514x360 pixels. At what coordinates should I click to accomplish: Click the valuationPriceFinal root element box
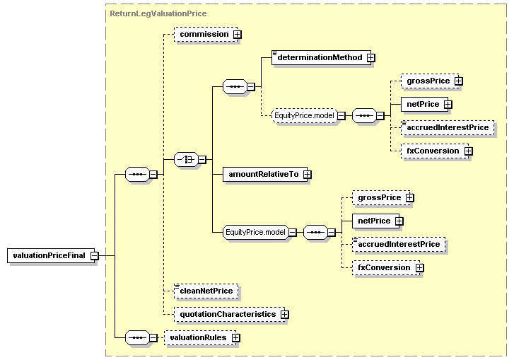coord(51,255)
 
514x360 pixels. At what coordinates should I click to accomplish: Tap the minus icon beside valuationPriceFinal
coord(93,255)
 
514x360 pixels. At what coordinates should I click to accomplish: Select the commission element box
coord(204,34)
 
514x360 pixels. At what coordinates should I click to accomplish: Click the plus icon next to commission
coord(238,34)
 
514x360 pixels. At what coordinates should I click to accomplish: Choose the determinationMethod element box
coord(320,57)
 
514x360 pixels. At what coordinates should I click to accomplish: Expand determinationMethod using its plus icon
coord(370,57)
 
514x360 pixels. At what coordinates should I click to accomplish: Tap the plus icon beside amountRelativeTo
coord(307,174)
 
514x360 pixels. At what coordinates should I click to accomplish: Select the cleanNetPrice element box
coord(206,291)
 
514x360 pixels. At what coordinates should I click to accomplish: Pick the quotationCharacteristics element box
coord(227,313)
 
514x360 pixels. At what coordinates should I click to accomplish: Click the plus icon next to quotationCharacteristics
coord(284,313)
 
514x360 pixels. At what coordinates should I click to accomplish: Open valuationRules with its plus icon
coord(236,338)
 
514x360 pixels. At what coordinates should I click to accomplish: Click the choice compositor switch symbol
coord(185,159)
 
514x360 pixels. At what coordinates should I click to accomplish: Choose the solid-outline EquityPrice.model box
coord(255,232)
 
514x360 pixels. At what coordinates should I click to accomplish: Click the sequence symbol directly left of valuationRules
coord(136,338)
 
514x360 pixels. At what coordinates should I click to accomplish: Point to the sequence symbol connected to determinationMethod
coord(234,87)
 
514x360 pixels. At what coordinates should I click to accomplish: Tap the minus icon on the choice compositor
coord(202,159)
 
